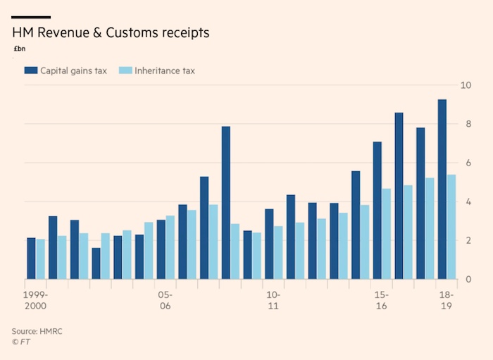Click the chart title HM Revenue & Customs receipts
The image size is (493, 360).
click(x=110, y=33)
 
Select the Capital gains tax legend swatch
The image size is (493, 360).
click(x=30, y=70)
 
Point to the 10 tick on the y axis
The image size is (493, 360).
click(x=465, y=85)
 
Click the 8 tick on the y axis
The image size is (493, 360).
click(x=467, y=124)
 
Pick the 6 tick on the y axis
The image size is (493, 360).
click(x=467, y=163)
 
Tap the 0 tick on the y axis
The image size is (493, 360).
click(x=467, y=280)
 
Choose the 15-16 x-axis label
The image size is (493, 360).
click(x=381, y=301)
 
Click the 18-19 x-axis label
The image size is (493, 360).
click(x=446, y=301)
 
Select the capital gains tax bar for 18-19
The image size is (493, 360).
click(x=442, y=190)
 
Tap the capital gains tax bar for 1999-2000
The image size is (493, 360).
click(x=31, y=259)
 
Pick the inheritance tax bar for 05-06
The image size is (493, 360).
click(x=170, y=247)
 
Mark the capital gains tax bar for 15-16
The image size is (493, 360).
click(x=377, y=211)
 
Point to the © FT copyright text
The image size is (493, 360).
click(x=20, y=342)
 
